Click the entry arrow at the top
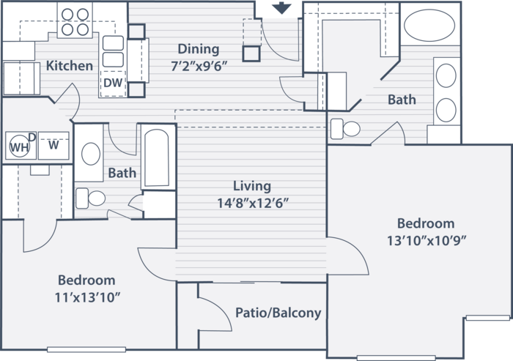point(281,8)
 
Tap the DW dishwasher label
point(113,83)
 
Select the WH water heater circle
point(20,146)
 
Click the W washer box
point(53,145)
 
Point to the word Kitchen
point(70,66)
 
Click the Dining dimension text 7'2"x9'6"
point(199,67)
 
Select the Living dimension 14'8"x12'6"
point(253,204)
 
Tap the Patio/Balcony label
point(278,313)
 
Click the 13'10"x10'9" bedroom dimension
point(426,241)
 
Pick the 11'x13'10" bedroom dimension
point(87,297)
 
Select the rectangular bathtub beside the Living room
point(157,158)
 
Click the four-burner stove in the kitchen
point(75,22)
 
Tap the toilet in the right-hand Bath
point(345,129)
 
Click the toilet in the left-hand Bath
point(90,198)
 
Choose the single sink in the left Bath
point(91,154)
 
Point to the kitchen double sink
point(113,51)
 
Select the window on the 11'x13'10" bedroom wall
point(86,349)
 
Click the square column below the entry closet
point(251,53)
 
